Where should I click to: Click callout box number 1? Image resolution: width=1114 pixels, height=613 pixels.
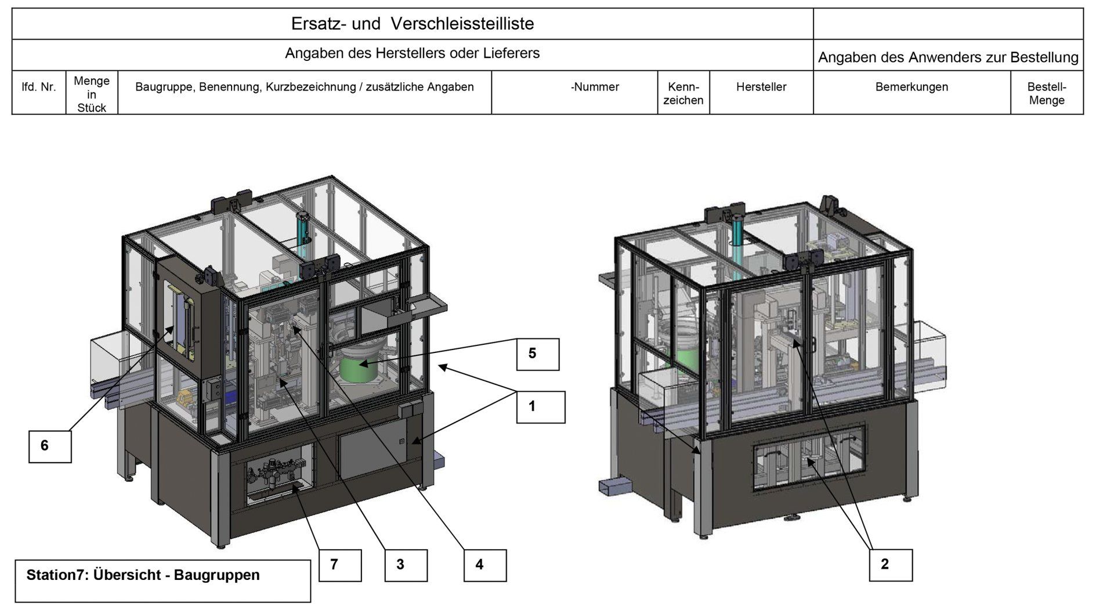[x=541, y=407]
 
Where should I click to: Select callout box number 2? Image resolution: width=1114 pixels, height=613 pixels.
[x=890, y=564]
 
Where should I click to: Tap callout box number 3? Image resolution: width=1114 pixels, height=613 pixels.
[x=406, y=565]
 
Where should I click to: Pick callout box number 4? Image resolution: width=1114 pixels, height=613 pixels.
[x=485, y=565]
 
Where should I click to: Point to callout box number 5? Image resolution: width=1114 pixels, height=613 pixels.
[x=538, y=354]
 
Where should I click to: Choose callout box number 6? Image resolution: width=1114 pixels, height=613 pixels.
[x=50, y=446]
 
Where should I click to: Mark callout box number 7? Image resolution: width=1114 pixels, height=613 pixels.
[x=340, y=565]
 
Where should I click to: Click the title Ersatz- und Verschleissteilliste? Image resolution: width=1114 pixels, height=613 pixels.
[x=412, y=24]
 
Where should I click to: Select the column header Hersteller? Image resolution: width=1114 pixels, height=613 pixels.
[x=761, y=87]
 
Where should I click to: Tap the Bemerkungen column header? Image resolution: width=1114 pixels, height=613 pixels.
[x=911, y=87]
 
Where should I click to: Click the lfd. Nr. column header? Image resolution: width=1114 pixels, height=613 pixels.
[x=39, y=87]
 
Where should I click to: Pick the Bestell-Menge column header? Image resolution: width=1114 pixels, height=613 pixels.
[x=1046, y=93]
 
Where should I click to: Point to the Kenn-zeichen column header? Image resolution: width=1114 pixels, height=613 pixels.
[x=683, y=93]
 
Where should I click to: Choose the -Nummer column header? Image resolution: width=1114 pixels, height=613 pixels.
[x=595, y=87]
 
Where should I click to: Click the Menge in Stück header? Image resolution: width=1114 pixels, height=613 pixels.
[x=92, y=94]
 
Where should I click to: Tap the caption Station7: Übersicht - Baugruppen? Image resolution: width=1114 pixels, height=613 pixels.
[x=143, y=575]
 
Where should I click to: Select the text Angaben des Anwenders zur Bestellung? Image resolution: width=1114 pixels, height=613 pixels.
[x=947, y=57]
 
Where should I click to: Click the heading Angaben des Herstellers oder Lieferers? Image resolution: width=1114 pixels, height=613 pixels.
[x=412, y=53]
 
